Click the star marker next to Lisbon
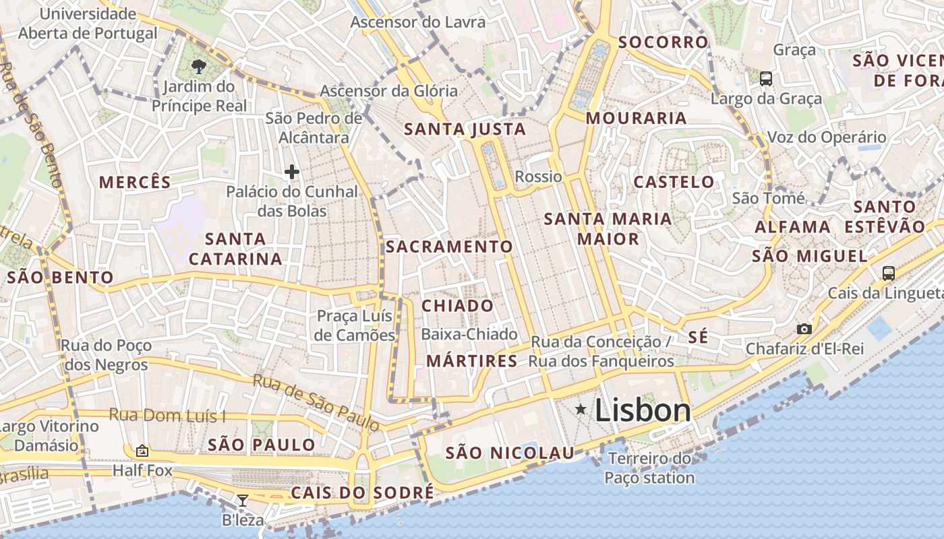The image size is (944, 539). (581, 410)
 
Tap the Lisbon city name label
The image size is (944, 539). (643, 410)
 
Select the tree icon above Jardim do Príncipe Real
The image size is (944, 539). (198, 66)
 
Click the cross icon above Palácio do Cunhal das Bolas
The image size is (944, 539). (291, 172)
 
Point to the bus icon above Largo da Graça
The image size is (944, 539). (766, 79)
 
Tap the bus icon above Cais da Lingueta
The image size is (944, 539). (889, 273)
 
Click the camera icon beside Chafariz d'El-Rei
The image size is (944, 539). (804, 329)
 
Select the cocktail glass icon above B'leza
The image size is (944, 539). (243, 500)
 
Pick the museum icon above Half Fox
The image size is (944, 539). (142, 451)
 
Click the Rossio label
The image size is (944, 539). (538, 177)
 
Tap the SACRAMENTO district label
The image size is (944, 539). (449, 247)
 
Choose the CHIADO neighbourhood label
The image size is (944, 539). (458, 306)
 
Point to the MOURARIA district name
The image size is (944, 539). (636, 119)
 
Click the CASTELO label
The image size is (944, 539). (674, 182)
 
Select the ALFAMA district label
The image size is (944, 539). (792, 227)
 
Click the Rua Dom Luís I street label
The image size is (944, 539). (167, 415)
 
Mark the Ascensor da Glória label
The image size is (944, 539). (388, 91)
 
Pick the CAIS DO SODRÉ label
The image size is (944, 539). (362, 493)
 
